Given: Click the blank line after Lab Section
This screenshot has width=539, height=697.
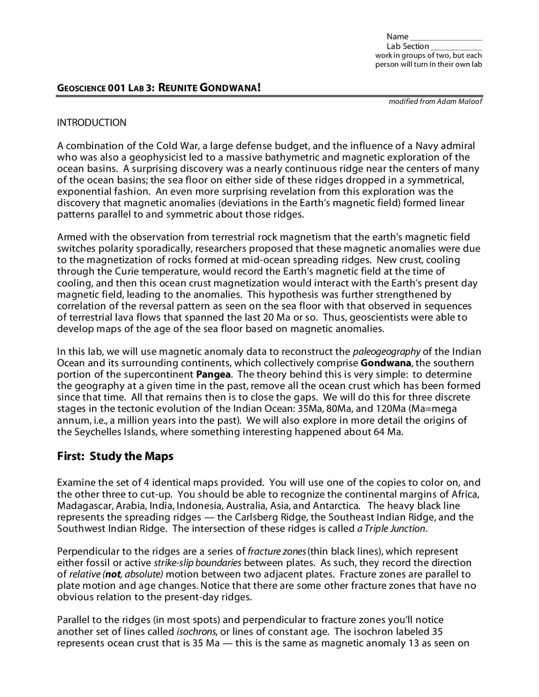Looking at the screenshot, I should [x=456, y=48].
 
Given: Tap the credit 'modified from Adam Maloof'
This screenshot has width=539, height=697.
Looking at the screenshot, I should [x=435, y=101].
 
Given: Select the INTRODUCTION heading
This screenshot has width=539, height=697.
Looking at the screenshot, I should [x=91, y=123].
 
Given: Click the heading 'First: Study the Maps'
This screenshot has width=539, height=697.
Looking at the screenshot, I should [x=115, y=456].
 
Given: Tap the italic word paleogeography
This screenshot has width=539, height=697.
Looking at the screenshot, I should [x=387, y=352].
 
